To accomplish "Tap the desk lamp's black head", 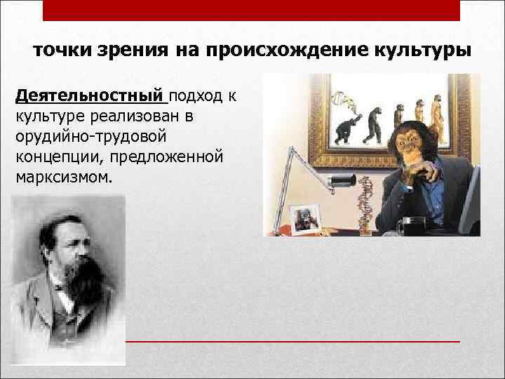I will point(339,182).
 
